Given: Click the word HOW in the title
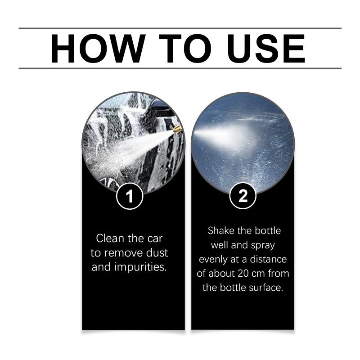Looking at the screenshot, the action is (x=98, y=49).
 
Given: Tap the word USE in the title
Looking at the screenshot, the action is (x=266, y=49).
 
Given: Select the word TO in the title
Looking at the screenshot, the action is (x=185, y=49).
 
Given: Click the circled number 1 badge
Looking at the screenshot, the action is (x=130, y=196).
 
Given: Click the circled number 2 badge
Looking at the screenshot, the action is (x=243, y=196).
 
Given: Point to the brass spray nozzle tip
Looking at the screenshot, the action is (x=176, y=129).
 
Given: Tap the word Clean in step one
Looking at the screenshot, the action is (x=110, y=238).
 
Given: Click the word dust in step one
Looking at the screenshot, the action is (x=157, y=253).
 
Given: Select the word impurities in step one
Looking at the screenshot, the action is (x=140, y=267).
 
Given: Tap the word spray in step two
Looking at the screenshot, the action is (x=263, y=246).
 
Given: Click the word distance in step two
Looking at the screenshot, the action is (x=268, y=259).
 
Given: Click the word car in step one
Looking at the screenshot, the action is (x=155, y=239).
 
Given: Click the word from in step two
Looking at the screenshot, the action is (x=279, y=274).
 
